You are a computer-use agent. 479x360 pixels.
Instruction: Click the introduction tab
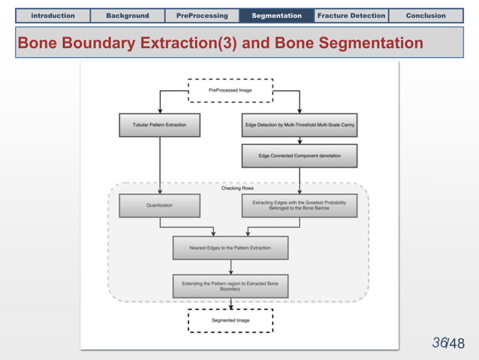point(53,15)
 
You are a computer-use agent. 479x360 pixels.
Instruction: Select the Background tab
point(128,15)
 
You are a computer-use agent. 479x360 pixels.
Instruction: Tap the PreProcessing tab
point(202,15)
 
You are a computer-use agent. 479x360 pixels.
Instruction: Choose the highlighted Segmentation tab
point(276,15)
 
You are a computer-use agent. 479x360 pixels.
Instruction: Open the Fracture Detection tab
point(351,15)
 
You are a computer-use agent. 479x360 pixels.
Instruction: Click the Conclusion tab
point(426,15)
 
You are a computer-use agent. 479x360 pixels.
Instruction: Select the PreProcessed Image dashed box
point(230,90)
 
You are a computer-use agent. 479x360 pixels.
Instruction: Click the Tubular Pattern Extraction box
point(160,125)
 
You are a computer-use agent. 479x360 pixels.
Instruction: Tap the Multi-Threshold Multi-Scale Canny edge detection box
point(300,125)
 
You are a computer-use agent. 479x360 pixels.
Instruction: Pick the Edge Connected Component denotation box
point(300,156)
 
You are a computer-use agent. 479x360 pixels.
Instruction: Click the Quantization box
point(160,205)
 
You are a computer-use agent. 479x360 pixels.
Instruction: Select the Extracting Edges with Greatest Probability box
point(300,205)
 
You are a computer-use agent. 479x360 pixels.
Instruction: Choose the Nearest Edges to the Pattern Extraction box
point(230,247)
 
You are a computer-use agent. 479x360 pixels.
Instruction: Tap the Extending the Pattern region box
point(230,285)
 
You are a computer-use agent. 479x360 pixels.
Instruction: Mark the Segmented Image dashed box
point(230,320)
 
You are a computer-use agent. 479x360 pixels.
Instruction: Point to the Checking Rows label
point(237,188)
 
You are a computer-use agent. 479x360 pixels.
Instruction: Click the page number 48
point(456,344)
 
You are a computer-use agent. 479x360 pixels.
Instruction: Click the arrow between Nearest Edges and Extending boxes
point(230,266)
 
